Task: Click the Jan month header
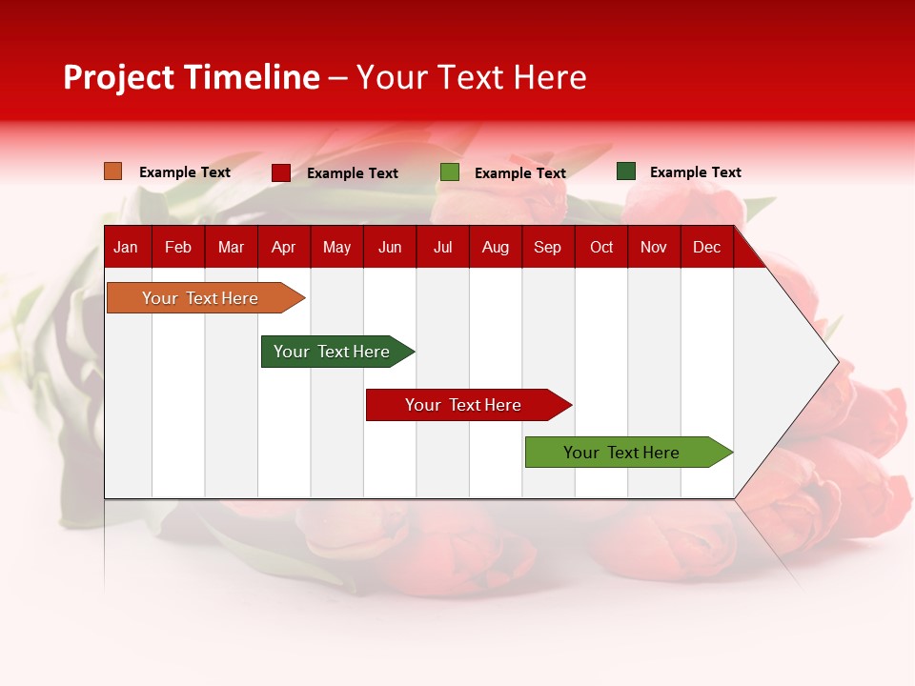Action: point(126,247)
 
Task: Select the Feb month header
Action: point(178,247)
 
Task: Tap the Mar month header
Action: point(231,247)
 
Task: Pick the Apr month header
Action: point(283,247)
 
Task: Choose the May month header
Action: point(336,247)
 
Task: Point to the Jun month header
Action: point(390,247)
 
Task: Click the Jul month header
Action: point(442,247)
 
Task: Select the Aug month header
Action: point(496,247)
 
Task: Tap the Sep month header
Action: point(548,247)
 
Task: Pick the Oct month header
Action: point(601,247)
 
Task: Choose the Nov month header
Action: point(654,247)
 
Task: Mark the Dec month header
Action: point(707,247)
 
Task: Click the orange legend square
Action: point(112,171)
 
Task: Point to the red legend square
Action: point(281,172)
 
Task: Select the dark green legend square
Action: point(626,171)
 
